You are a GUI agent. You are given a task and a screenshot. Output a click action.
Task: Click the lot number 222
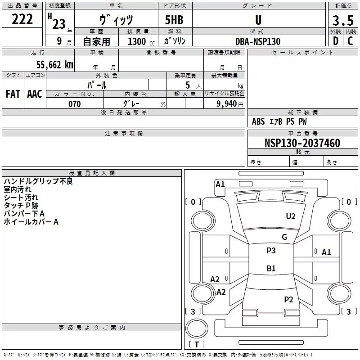[22, 19]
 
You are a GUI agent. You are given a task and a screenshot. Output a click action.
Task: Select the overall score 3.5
[343, 20]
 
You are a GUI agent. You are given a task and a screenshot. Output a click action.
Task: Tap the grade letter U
[258, 20]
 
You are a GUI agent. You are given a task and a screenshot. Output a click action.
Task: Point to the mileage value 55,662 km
[55, 65]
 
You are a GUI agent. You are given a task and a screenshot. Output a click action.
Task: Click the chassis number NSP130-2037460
[302, 143]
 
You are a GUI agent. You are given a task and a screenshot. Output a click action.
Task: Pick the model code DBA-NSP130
[258, 41]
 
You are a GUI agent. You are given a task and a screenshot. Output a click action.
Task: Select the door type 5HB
[174, 20]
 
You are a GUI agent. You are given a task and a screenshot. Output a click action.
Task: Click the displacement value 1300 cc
[141, 41]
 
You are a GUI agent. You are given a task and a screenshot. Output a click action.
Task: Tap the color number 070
[75, 104]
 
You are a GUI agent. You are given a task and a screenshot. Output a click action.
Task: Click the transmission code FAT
[13, 94]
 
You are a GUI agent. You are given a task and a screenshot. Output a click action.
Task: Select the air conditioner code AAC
[35, 94]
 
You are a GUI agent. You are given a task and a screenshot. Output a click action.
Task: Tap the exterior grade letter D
[336, 41]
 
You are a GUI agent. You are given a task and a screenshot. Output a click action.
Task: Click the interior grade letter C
[350, 41]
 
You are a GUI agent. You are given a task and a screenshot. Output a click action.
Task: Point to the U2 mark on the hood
[291, 216]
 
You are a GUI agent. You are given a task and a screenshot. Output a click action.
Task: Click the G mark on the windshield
[284, 237]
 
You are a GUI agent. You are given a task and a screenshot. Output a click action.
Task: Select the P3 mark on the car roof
[271, 250]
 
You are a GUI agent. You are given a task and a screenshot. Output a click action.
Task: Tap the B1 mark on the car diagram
[271, 268]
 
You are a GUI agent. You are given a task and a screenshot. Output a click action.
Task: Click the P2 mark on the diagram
[288, 299]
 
